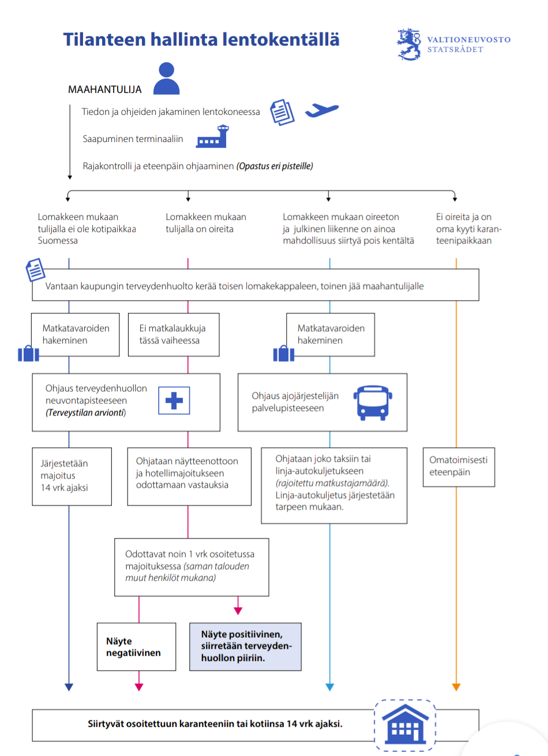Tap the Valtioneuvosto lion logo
coord(410,44)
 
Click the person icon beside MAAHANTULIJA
coord(167,79)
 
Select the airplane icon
coord(321,110)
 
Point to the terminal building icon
coord(212,139)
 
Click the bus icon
coord(373,403)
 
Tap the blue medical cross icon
coord(174,401)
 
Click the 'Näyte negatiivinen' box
coord(137,647)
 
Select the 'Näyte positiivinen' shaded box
coord(245,646)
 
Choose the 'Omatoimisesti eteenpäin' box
coord(459,466)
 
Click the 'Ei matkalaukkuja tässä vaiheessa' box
coord(172,335)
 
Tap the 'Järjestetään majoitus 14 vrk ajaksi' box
coord(72,476)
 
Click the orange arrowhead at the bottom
coord(456,687)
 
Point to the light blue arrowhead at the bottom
coord(330,687)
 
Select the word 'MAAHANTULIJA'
coord(104,89)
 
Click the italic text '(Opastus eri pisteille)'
coord(275,166)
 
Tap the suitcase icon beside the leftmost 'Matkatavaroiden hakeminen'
coord(28,353)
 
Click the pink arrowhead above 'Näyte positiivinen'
coord(238,611)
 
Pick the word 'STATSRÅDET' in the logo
coord(455,50)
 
